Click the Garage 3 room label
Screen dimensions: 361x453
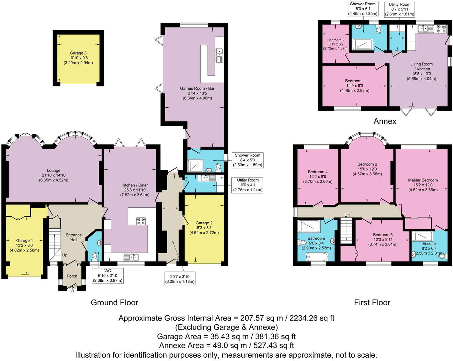click(x=78, y=53)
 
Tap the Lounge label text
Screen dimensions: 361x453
click(x=54, y=171)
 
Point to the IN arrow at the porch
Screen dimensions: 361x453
click(x=72, y=289)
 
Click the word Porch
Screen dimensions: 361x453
click(x=72, y=276)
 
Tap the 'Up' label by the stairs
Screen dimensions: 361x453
click(x=65, y=255)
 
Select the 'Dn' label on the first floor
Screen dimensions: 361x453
click(x=347, y=215)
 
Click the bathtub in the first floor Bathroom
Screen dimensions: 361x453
click(x=317, y=257)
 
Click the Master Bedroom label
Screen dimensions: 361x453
click(x=423, y=180)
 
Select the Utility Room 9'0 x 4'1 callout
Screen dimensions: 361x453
click(x=248, y=185)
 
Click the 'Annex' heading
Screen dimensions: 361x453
click(x=385, y=121)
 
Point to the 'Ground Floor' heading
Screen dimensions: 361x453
click(x=114, y=302)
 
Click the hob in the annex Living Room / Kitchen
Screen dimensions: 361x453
click(x=442, y=29)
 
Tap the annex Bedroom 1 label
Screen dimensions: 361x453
click(x=355, y=81)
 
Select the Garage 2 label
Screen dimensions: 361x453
click(x=204, y=223)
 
